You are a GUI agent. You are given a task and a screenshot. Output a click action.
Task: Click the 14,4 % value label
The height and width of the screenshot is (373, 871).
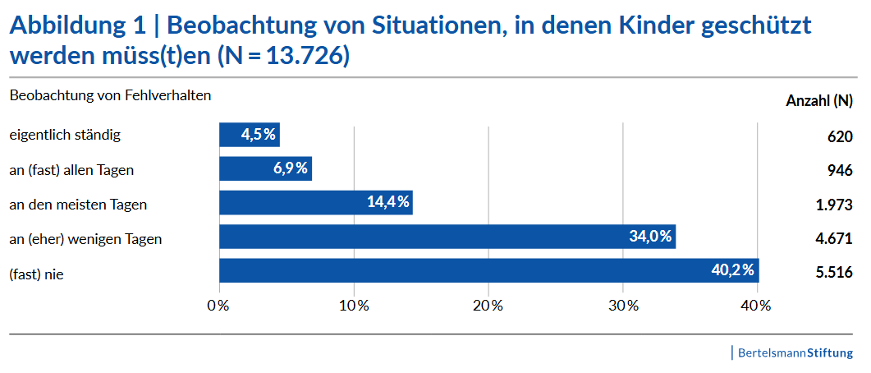tap(387, 203)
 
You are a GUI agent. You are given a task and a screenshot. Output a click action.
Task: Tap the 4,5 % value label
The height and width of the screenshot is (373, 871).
tap(259, 135)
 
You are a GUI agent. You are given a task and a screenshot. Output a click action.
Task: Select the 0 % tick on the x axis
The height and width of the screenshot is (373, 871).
tap(218, 306)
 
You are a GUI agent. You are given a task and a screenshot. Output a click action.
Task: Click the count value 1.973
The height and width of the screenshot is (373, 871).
tap(834, 205)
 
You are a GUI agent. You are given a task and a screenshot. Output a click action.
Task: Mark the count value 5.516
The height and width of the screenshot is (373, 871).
tap(834, 273)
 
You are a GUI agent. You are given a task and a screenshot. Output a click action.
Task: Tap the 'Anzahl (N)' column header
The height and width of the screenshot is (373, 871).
tap(819, 101)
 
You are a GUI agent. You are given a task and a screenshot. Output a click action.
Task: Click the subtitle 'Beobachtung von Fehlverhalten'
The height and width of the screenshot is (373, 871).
tap(111, 95)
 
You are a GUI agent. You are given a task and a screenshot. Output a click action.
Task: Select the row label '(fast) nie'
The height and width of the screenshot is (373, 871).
tap(36, 274)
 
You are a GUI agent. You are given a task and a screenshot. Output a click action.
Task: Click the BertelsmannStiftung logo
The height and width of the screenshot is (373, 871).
tap(795, 353)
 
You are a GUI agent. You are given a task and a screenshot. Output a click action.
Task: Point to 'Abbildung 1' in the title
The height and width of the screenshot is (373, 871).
tap(79, 26)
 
